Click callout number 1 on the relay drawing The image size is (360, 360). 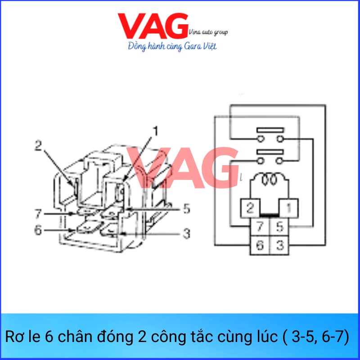[155, 131]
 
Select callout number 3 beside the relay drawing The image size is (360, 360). [185, 234]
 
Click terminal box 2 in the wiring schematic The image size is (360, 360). [250, 208]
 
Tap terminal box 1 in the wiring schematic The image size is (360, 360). [289, 208]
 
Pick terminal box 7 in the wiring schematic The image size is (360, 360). [260, 226]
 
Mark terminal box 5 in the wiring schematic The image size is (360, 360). [279, 226]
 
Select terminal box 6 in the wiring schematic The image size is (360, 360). [260, 245]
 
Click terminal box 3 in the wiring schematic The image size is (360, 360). [279, 245]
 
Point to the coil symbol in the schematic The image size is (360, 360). [270, 180]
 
